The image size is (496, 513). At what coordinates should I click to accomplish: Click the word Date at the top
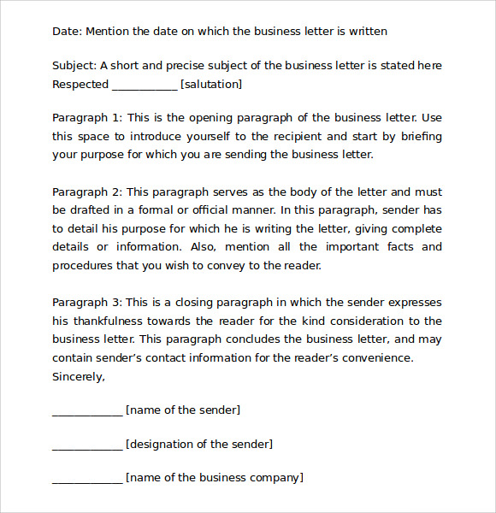pos(66,32)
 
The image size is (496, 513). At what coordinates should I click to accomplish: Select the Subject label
pos(74,66)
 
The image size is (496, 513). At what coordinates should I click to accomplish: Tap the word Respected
pos(80,84)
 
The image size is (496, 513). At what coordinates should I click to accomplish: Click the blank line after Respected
pos(145,85)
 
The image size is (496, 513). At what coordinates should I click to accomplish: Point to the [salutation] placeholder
pos(211,84)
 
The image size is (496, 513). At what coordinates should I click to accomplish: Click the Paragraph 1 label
pos(86,118)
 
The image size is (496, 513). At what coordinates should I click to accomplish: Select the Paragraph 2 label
pos(86,192)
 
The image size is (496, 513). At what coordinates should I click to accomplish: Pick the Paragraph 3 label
pos(86,303)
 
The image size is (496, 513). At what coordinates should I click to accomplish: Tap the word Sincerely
pos(79,377)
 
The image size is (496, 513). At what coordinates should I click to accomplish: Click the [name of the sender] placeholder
pos(183,410)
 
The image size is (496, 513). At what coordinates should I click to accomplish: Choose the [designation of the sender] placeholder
pos(199,445)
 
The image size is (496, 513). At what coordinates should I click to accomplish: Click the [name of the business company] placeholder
pos(215,478)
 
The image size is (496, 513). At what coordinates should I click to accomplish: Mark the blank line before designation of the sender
pos(87,446)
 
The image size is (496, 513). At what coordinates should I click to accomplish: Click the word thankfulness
pos(115,321)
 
